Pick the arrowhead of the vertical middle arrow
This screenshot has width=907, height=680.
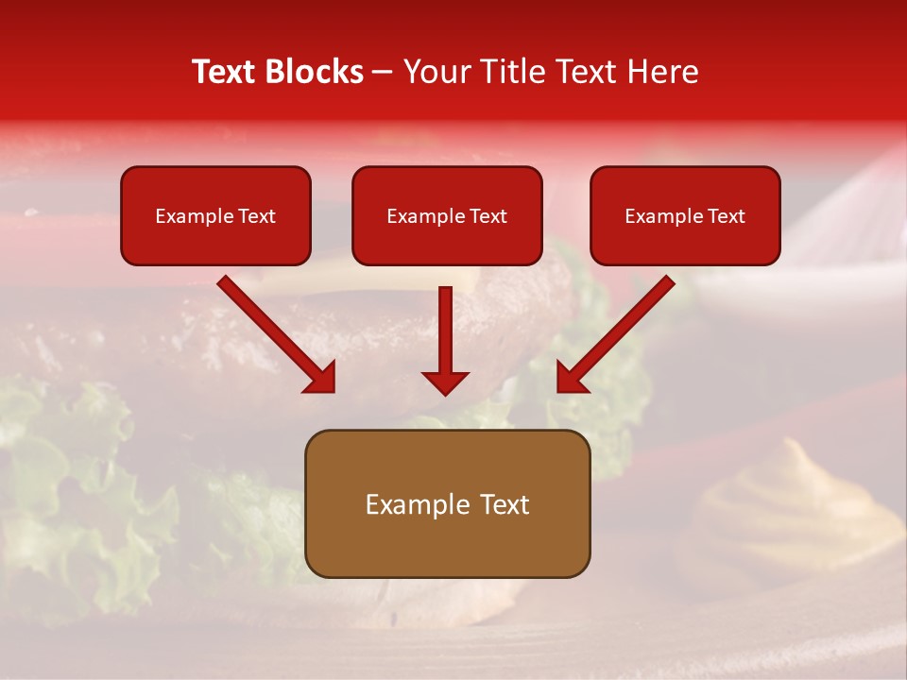(445, 382)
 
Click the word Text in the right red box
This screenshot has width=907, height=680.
(726, 216)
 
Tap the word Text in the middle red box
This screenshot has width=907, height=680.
(488, 216)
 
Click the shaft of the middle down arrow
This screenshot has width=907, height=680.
(445, 326)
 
